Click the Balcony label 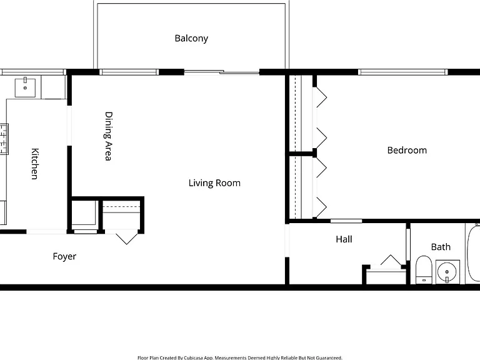click(191, 39)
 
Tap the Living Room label click(214, 183)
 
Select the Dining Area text click(108, 136)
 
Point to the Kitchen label click(35, 164)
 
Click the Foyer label click(64, 256)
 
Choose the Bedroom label click(407, 150)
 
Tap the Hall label click(344, 239)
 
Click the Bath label click(441, 247)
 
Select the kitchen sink click(25, 87)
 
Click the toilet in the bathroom click(424, 270)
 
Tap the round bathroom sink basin click(447, 272)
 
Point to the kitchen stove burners click(4, 139)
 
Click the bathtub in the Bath click(472, 254)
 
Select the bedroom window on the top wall click(403, 72)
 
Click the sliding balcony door click(222, 72)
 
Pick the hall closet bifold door click(391, 260)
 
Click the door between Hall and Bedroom click(346, 221)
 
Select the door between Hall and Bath click(408, 244)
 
